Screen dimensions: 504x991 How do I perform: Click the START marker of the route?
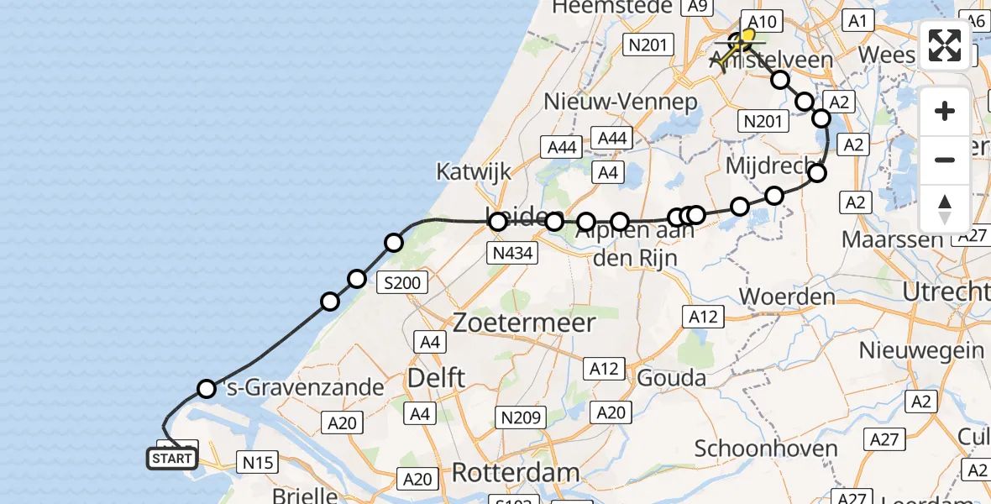172,459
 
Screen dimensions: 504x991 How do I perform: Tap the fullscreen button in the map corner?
945,45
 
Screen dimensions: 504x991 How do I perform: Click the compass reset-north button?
945,208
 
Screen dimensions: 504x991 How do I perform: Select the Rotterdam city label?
516,472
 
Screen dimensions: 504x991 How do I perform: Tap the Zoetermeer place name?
524,323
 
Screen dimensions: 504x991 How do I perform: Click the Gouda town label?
672,378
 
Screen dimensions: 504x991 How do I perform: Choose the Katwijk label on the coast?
474,172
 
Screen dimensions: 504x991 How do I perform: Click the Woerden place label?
787,297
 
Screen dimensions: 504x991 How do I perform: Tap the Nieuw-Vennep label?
621,102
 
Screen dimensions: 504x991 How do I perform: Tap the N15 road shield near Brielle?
258,461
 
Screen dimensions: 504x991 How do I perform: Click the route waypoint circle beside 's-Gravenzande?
207,388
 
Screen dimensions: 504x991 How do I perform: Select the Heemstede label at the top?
619,8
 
